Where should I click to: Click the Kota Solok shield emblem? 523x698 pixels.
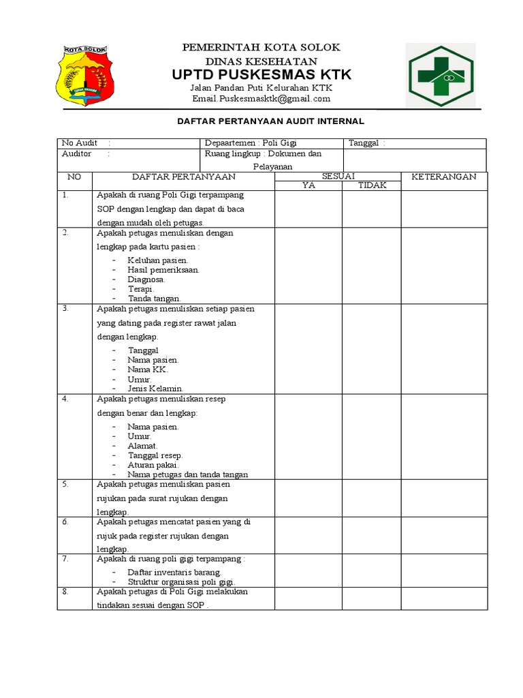coord(84,75)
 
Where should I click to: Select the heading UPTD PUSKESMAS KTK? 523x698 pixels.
coord(261,74)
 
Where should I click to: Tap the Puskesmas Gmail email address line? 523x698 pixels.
coord(261,99)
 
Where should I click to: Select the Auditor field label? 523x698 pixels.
coord(77,154)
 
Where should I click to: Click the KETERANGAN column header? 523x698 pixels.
coord(443,177)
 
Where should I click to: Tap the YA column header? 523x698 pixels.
coord(308,185)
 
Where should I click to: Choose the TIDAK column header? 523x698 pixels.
coord(372,185)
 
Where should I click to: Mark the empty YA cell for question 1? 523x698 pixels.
coord(308,209)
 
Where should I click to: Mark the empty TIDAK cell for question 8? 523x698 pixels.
coord(371,598)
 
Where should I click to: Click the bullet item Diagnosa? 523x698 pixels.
coord(146,279)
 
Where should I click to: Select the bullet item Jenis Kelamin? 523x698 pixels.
coord(155,389)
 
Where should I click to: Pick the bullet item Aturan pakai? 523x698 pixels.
coord(153,465)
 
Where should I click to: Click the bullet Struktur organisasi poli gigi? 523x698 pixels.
coord(181,582)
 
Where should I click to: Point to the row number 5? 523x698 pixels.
coord(65,485)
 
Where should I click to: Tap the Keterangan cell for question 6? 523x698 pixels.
coord(443,535)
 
